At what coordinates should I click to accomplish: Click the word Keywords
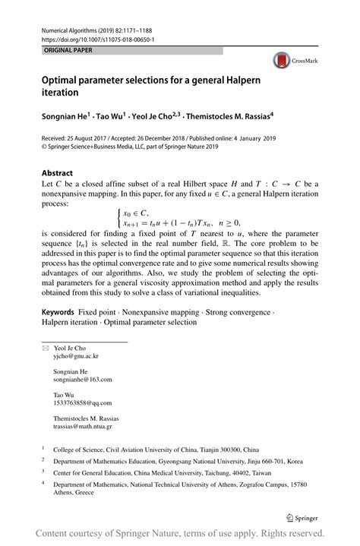58,312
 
